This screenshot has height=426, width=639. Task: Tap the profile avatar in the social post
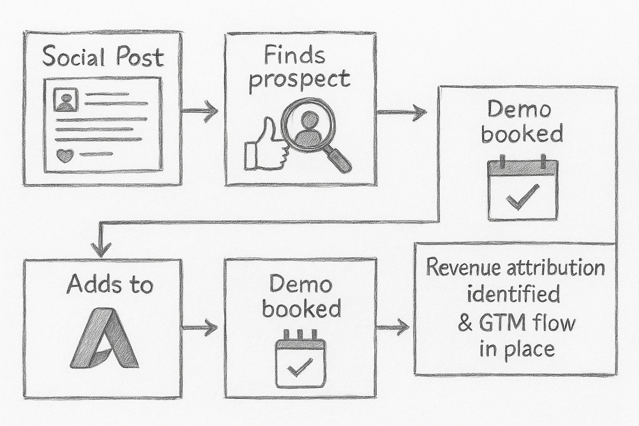click(66, 100)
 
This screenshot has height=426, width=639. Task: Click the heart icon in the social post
click(64, 156)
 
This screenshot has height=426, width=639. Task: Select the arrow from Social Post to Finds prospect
click(200, 111)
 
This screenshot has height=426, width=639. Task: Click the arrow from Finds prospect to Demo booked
click(401, 112)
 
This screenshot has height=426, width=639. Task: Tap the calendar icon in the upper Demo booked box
click(523, 189)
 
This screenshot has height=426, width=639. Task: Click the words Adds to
click(110, 285)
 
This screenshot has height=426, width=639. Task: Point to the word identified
click(513, 294)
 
